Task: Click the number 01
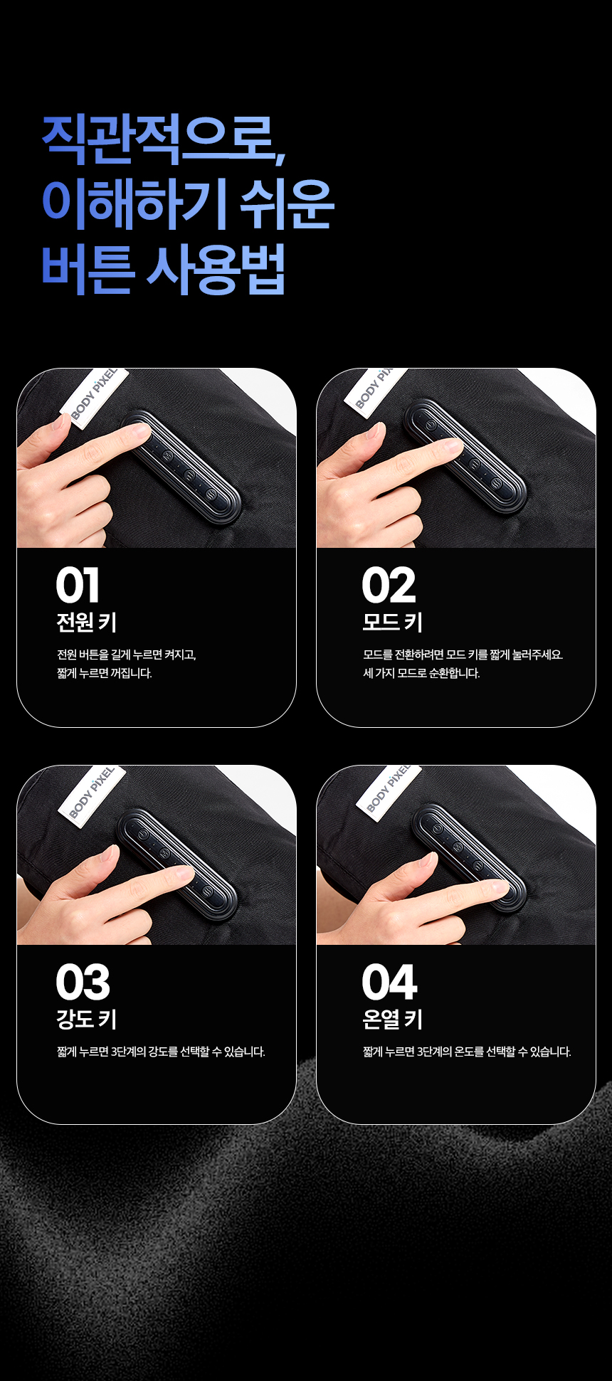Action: point(78,586)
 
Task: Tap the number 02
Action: point(389,586)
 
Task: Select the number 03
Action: point(83,983)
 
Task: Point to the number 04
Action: point(389,983)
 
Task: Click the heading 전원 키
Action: point(87,623)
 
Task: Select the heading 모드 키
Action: point(393,623)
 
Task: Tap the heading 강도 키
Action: point(87,1020)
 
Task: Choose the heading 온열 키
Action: point(393,1020)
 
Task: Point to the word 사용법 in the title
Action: point(215,269)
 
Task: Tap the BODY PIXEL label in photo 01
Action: point(95,396)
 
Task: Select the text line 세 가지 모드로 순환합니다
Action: point(422,673)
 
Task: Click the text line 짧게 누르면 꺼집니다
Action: point(105,673)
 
